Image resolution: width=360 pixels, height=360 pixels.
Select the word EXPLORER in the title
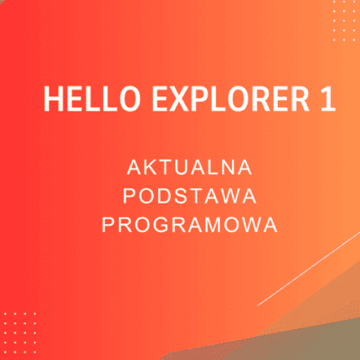click(219, 100)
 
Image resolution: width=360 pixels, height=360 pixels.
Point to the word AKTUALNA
click(188, 168)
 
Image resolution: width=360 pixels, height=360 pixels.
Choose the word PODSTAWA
click(188, 197)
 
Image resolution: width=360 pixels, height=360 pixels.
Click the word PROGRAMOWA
click(188, 225)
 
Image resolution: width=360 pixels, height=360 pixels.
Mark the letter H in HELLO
click(53, 100)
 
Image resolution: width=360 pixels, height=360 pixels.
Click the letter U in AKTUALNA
click(182, 168)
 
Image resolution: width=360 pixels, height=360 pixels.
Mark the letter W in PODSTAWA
click(229, 197)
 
